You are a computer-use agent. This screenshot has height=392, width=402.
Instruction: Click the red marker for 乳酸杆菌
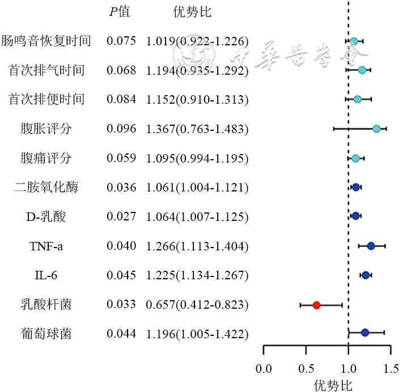pos(316,305)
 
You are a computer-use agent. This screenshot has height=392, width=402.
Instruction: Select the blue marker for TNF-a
pos(371,246)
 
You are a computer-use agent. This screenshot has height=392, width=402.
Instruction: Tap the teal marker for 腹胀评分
pos(376,129)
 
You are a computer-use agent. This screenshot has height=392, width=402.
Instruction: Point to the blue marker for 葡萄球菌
pos(365,333)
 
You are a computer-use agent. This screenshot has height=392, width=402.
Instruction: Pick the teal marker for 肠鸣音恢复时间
pos(354,41)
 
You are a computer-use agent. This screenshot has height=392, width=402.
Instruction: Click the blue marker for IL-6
pos(366,275)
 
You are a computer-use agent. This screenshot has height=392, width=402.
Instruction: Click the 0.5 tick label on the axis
pos(306,370)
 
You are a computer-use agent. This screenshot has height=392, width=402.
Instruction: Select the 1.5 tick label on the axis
pos(390,370)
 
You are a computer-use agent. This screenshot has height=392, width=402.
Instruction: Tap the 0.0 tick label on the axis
pos(264,370)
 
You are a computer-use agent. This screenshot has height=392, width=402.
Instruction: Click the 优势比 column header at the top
pos(192,12)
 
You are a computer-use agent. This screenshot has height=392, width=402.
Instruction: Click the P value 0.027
pos(121,216)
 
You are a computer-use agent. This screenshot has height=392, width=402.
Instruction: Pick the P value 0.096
pos(121,129)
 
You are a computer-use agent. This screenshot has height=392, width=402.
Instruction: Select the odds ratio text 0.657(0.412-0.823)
pos(197,305)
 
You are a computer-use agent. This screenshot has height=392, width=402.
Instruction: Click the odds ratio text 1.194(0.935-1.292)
pos(197,70)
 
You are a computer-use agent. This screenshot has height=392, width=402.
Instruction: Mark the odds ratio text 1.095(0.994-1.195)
pos(197,158)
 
